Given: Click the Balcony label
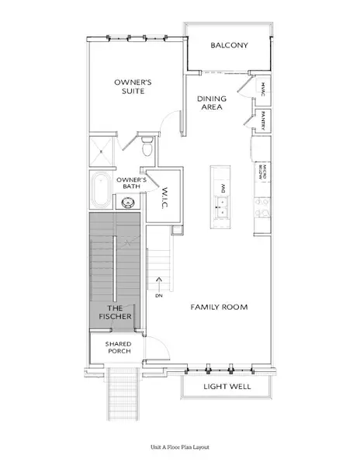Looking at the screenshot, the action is (x=229, y=45).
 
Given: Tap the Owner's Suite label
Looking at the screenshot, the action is (x=133, y=86).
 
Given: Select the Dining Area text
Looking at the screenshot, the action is (x=212, y=103).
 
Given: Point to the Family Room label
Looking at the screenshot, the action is (x=219, y=307).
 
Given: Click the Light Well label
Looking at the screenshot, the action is (x=227, y=386).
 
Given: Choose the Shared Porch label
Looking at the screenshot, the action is (x=119, y=347).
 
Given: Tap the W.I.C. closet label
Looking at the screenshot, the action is (x=165, y=197).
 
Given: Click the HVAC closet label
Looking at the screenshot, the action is (x=263, y=89).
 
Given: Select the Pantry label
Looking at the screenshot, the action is (x=263, y=120).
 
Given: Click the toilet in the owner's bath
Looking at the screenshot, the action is (x=147, y=147).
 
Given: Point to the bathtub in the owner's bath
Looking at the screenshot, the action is (x=101, y=190).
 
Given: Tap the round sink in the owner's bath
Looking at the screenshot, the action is (x=128, y=203).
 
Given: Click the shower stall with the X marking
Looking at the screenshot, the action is (x=101, y=151).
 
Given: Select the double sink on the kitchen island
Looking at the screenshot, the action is (x=221, y=207).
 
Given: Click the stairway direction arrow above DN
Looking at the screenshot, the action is (x=159, y=284).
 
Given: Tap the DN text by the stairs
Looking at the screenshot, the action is (x=159, y=296).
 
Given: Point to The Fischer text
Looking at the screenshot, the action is (x=115, y=312).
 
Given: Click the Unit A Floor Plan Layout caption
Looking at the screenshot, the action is (x=180, y=447).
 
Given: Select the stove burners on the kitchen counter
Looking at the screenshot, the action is (x=262, y=207).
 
